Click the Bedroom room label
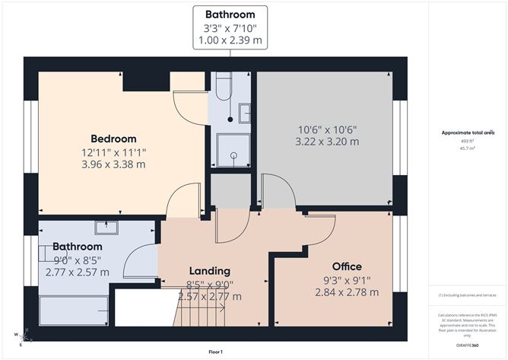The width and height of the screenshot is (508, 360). point(113,139)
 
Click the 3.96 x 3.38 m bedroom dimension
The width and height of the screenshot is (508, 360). point(113,164)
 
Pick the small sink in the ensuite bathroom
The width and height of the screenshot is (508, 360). point(244,113)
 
